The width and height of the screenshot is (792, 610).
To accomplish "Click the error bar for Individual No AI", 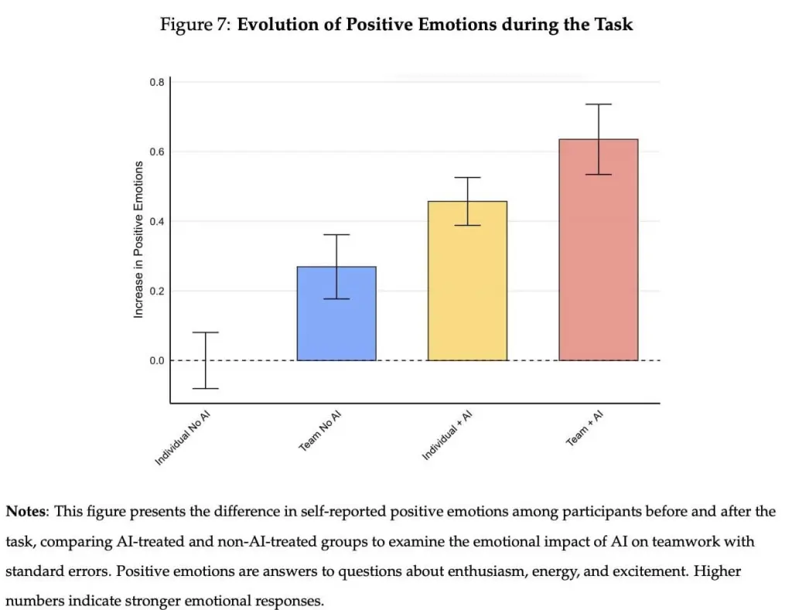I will (x=205, y=360).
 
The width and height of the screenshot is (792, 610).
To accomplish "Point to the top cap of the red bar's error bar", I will (x=599, y=104).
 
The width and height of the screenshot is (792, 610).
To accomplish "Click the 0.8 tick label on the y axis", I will (x=156, y=82).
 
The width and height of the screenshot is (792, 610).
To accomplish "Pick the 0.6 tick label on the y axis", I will (x=156, y=152).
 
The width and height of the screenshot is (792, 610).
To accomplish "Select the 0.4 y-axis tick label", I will (x=156, y=221).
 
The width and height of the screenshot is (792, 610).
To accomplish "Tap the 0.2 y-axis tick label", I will (x=156, y=291).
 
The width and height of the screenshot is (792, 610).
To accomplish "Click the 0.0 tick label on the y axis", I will (x=156, y=361).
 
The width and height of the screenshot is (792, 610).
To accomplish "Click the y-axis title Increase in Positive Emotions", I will (x=139, y=240).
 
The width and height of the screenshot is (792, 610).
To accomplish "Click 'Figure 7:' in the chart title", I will (x=195, y=25).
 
